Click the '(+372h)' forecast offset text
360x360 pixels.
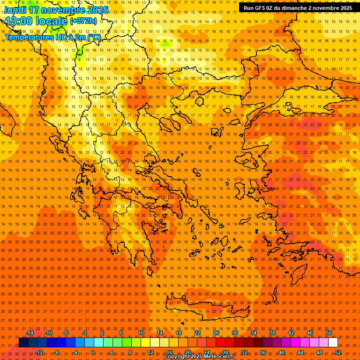pyautogui.click(x=83, y=21)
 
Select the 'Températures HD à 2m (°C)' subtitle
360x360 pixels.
pyautogui.click(x=53, y=37)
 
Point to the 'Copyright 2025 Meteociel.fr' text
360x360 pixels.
pyautogui.click(x=199, y=357)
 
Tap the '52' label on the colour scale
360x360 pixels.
pyautogui.click(x=338, y=352)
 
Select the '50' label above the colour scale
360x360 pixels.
pyautogui.click(x=328, y=333)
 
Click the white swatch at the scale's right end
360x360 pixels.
pyautogui.click(x=333, y=342)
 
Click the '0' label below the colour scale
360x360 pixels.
pyautogui.click(x=93, y=352)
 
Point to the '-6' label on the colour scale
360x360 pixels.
pyautogui.click(x=66, y=333)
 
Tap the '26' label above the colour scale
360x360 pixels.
pyautogui.click(x=216, y=333)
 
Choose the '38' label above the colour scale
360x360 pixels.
pyautogui.click(x=272, y=333)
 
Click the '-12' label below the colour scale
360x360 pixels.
pyautogui.click(x=39, y=352)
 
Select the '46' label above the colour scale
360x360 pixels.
pyautogui.click(x=309, y=333)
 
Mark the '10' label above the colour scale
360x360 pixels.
pyautogui.click(x=141, y=333)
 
